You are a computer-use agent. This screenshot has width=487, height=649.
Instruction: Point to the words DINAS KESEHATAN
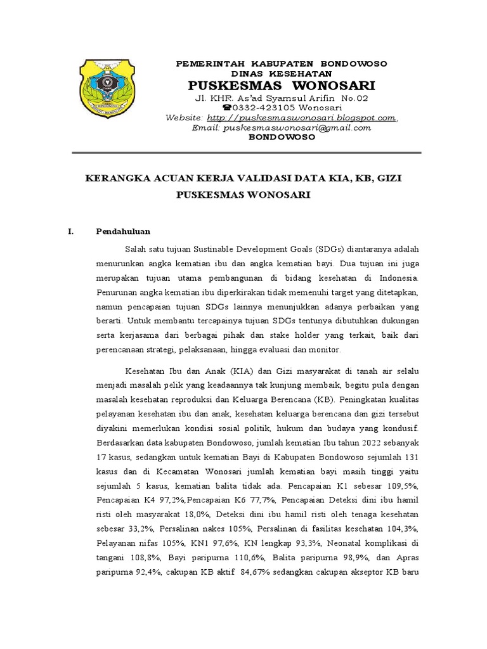(x=280, y=74)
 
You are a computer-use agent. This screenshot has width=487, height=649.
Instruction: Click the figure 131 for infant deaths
(x=408, y=456)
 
